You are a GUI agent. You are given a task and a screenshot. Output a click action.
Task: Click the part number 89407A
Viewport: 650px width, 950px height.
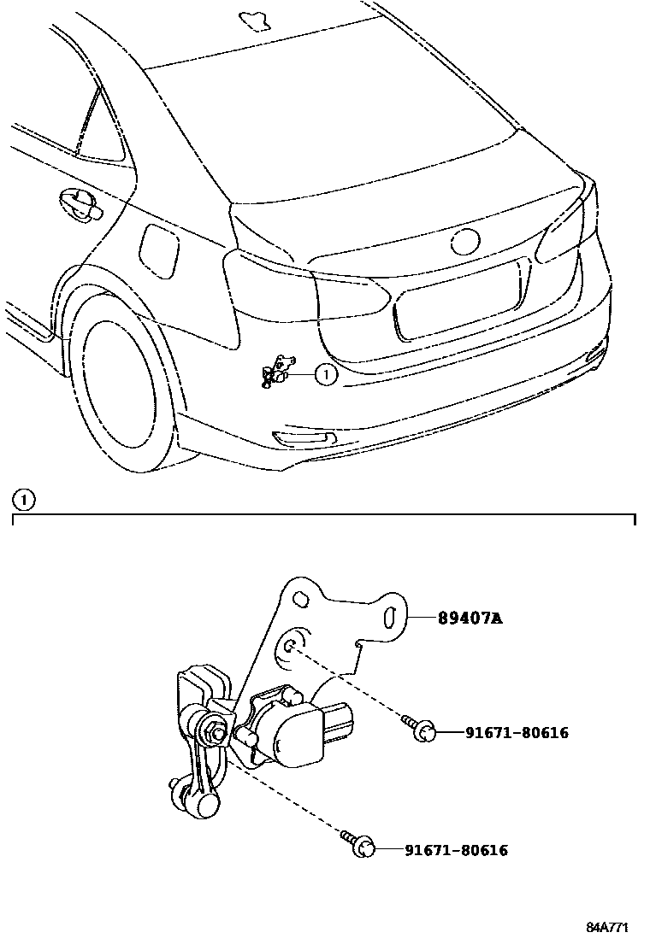click(x=470, y=619)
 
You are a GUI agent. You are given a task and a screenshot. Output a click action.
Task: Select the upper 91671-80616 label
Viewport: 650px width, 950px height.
click(x=517, y=732)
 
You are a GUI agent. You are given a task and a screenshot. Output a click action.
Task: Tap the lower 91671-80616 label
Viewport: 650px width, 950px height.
click(x=456, y=850)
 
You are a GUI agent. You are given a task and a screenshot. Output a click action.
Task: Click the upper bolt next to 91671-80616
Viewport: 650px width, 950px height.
click(x=422, y=729)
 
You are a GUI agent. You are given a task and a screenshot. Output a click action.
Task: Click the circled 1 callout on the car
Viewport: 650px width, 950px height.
click(x=326, y=373)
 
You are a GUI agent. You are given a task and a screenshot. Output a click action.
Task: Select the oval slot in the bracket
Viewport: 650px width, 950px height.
click(x=389, y=618)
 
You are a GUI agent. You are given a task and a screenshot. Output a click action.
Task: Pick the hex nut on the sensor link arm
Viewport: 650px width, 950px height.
click(x=215, y=731)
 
